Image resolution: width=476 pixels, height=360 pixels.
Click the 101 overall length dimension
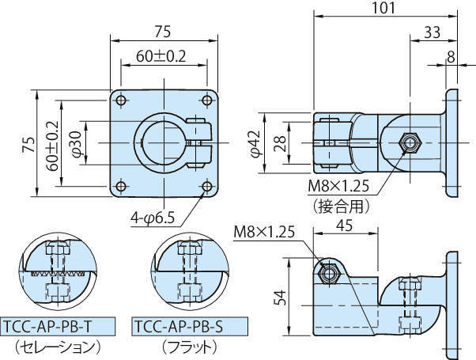[385, 10]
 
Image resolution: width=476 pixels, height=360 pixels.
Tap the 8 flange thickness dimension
[451, 56]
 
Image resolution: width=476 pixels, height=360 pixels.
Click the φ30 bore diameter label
[76, 142]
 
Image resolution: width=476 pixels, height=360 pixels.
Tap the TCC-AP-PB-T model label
[58, 326]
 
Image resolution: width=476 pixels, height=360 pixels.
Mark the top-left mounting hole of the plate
[120, 100]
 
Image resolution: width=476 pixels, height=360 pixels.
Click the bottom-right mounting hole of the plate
[207, 187]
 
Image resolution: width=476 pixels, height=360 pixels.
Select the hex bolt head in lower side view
[329, 271]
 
